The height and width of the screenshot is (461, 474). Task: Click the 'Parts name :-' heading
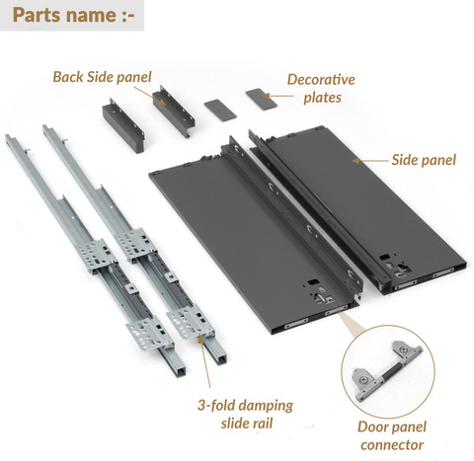tap(74, 15)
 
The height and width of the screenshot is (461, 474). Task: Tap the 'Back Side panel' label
tap(102, 77)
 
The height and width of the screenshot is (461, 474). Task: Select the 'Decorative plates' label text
tap(321, 89)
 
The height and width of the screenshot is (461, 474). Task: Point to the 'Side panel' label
tap(424, 160)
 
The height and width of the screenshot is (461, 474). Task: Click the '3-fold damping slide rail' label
tap(245, 414)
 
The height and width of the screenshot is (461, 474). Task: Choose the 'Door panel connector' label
tap(392, 436)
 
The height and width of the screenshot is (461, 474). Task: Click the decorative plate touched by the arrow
tap(262, 99)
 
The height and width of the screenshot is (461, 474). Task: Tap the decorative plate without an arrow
tap(220, 109)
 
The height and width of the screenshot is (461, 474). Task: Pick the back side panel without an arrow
tap(123, 125)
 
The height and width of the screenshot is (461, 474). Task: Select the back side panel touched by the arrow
tap(174, 111)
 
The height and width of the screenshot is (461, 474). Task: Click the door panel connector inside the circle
tap(387, 370)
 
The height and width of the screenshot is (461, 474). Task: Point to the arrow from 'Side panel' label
tap(369, 161)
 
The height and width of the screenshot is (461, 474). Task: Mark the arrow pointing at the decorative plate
tap(278, 96)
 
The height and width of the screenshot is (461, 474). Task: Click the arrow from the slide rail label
tap(204, 361)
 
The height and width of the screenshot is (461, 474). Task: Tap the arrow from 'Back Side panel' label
tap(150, 96)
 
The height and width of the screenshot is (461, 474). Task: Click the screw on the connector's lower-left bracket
tap(363, 380)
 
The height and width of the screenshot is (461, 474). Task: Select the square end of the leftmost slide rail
tap(178, 368)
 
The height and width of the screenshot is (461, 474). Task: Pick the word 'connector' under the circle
tap(392, 445)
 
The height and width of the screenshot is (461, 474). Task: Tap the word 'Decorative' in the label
tap(321, 80)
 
